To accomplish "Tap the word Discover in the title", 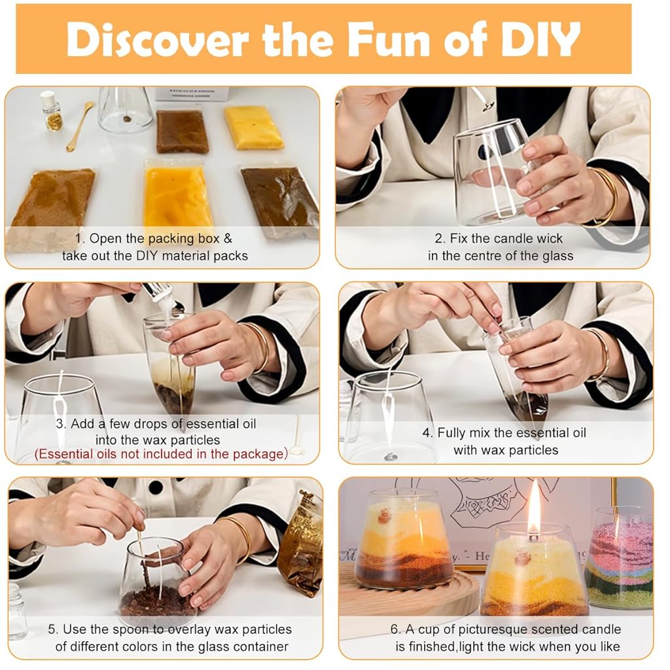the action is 158,39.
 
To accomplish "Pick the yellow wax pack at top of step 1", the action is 253,128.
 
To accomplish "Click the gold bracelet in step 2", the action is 605,196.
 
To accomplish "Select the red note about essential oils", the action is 162,454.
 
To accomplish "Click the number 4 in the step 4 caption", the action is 427,433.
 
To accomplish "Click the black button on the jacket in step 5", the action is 156,487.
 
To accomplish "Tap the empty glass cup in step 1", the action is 125,109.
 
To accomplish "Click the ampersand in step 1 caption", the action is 228,238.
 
